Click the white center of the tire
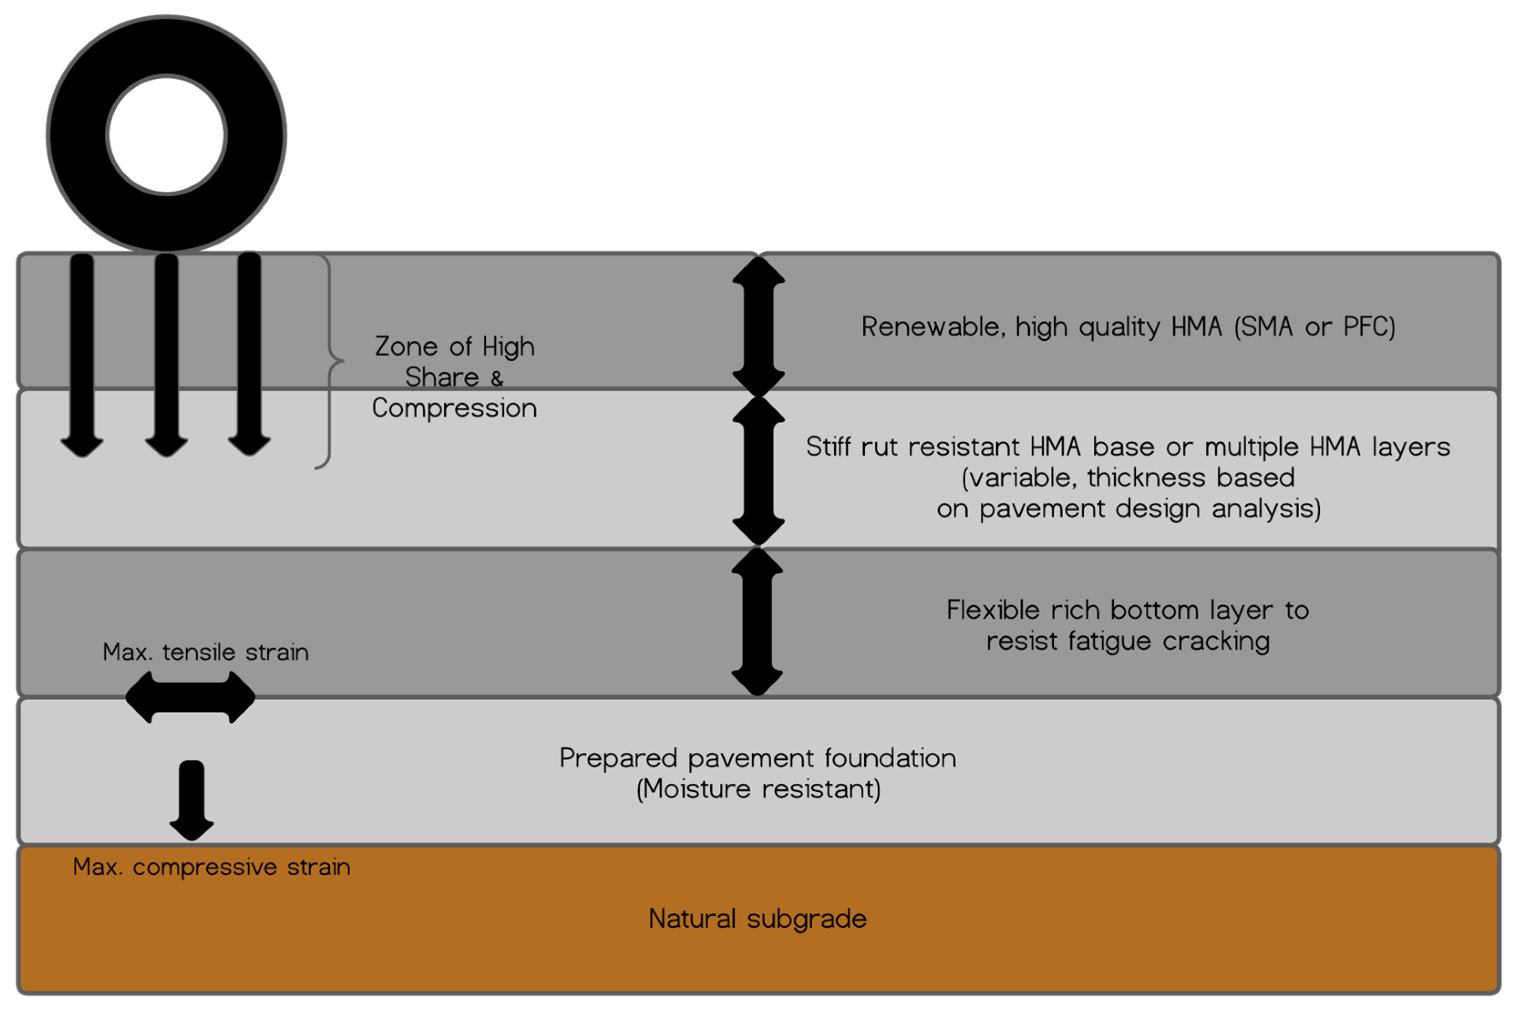coord(167,135)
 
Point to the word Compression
coord(454,408)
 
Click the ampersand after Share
coord(497,378)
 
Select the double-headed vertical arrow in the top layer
coord(758,326)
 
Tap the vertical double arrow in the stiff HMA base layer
coord(758,470)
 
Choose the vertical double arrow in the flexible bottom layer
coord(757,621)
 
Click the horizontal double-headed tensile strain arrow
coord(190,697)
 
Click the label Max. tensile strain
coord(205,652)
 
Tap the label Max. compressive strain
coord(211,867)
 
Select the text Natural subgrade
coord(757,919)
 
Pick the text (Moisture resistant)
coord(758,789)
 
